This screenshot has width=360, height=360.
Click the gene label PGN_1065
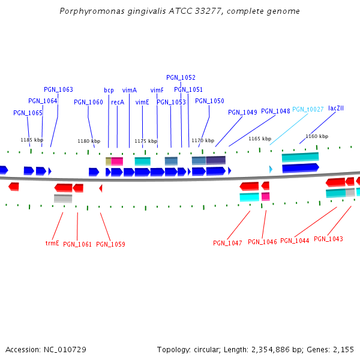pos(28,113)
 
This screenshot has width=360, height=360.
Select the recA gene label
pos(118,102)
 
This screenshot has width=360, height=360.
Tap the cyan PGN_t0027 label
pos(308,109)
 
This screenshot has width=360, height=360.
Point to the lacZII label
pos(336,108)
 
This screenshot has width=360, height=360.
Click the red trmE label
pos(52,244)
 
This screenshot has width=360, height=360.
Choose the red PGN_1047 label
pos(227,243)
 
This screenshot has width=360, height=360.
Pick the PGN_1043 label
pos(328,239)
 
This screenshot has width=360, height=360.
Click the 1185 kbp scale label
pos(32,140)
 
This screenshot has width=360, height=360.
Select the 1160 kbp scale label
pos(317,136)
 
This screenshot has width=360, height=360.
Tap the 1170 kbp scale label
pos(203,140)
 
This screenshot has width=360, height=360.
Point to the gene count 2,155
pos(343,349)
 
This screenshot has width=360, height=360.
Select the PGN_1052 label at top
pos(181,77)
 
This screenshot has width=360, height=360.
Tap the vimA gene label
pos(130,90)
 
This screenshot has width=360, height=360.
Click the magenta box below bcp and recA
pos(117,161)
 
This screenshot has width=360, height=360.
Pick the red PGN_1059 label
pos(110,244)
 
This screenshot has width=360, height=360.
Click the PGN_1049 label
pos(242,112)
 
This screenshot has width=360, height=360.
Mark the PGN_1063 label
pos(58,89)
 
